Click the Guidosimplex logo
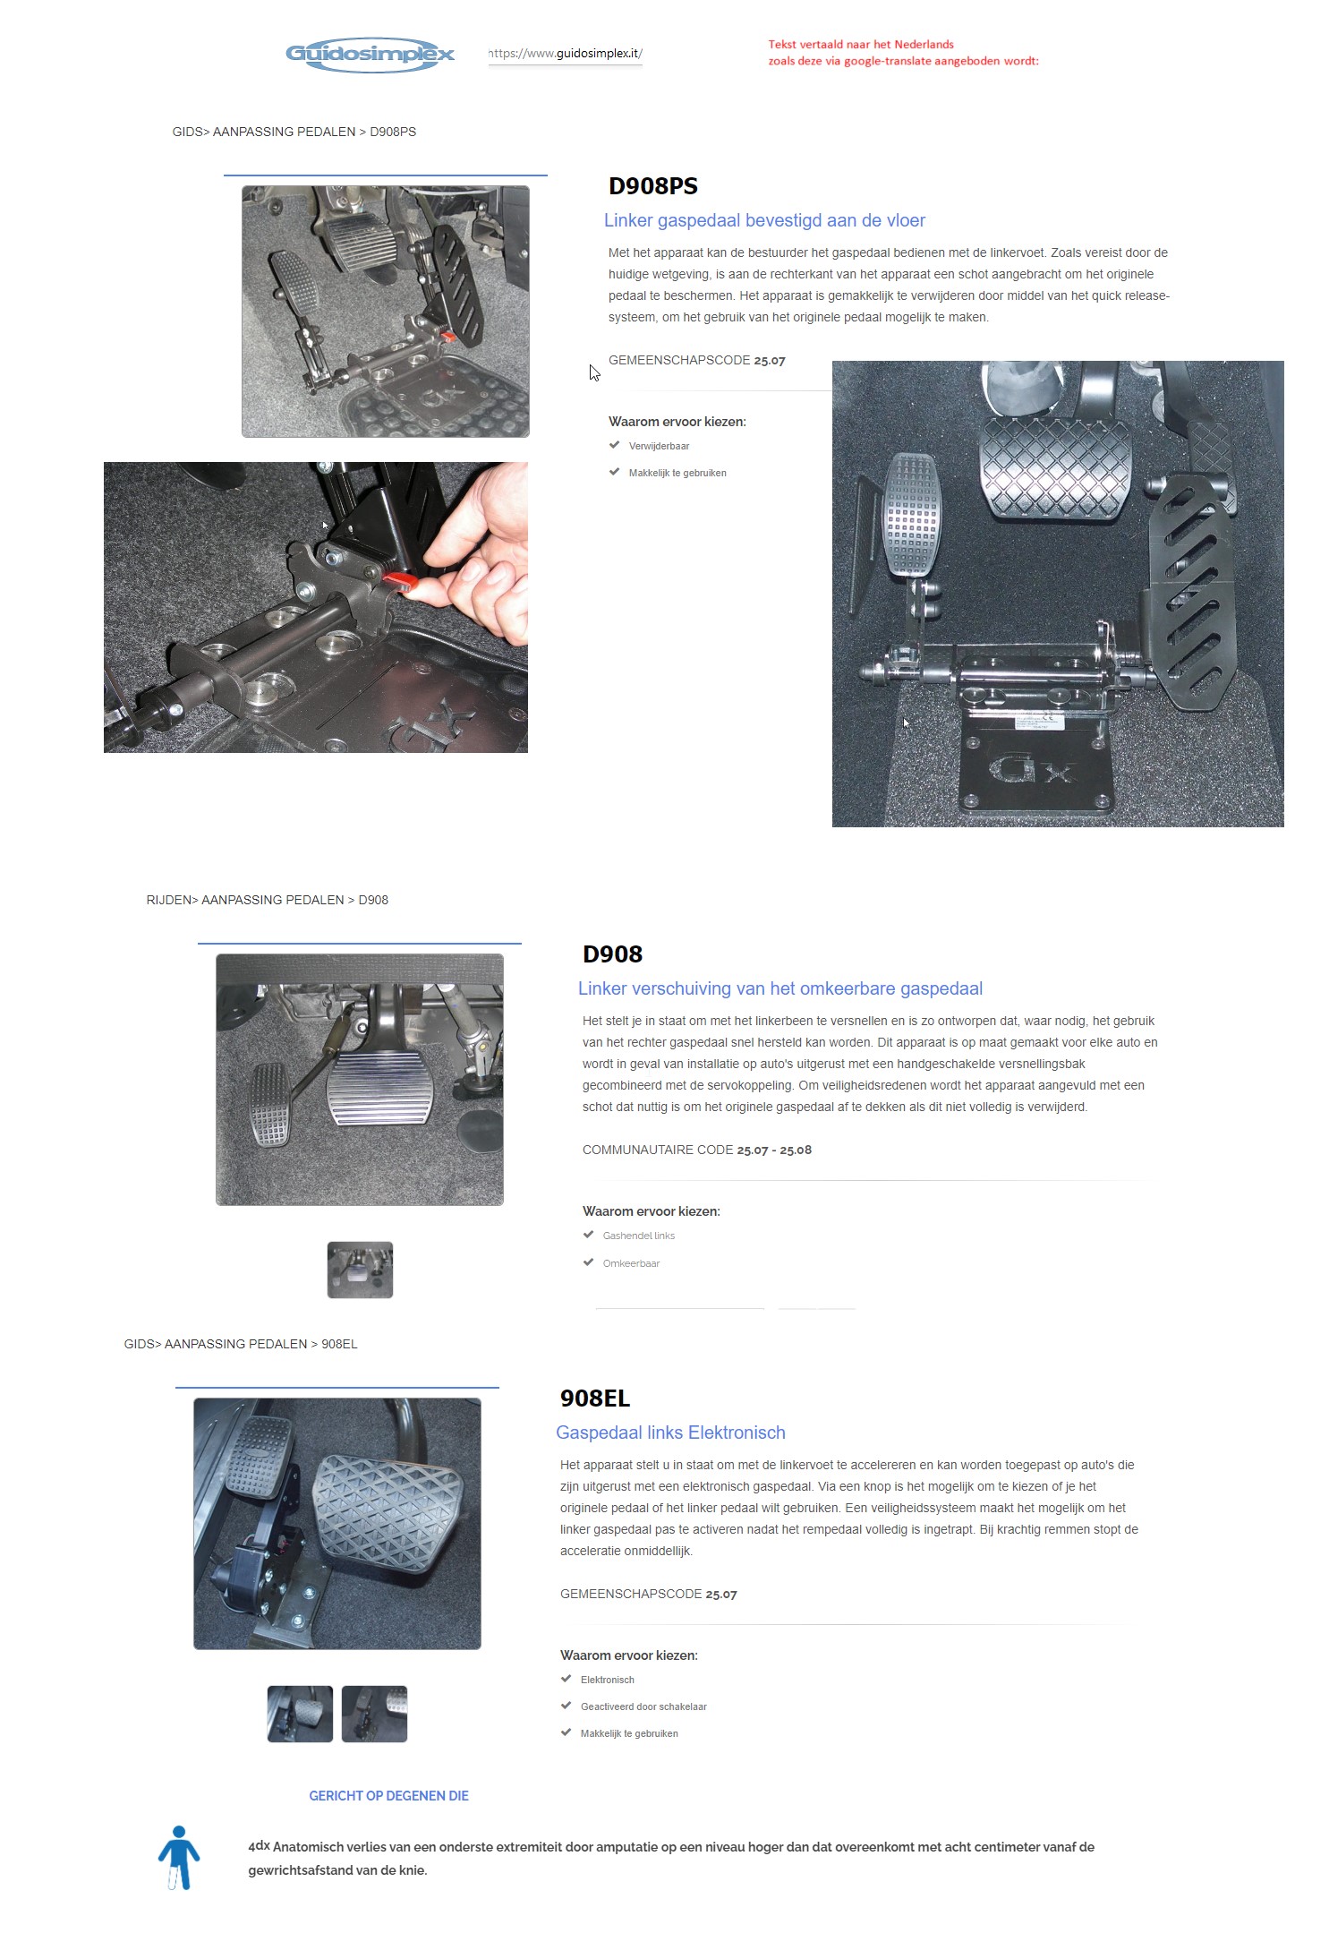[x=370, y=55]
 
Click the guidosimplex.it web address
[x=566, y=54]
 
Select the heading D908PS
[x=652, y=186]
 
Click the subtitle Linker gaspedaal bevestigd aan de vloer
[x=764, y=220]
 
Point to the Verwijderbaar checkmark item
[x=658, y=446]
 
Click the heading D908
[x=612, y=954]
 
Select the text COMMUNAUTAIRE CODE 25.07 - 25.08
[x=696, y=1150]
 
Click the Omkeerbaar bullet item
[x=630, y=1263]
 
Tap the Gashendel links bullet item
[x=638, y=1236]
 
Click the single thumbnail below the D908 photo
[x=360, y=1270]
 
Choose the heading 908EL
[x=594, y=1398]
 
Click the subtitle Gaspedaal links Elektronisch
[x=670, y=1433]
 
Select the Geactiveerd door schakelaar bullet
[x=643, y=1706]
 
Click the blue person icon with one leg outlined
[x=179, y=1858]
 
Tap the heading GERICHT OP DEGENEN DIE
[x=388, y=1795]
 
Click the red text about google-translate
[x=902, y=53]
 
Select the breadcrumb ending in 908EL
[x=241, y=1344]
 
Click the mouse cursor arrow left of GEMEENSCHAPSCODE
[x=594, y=372]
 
